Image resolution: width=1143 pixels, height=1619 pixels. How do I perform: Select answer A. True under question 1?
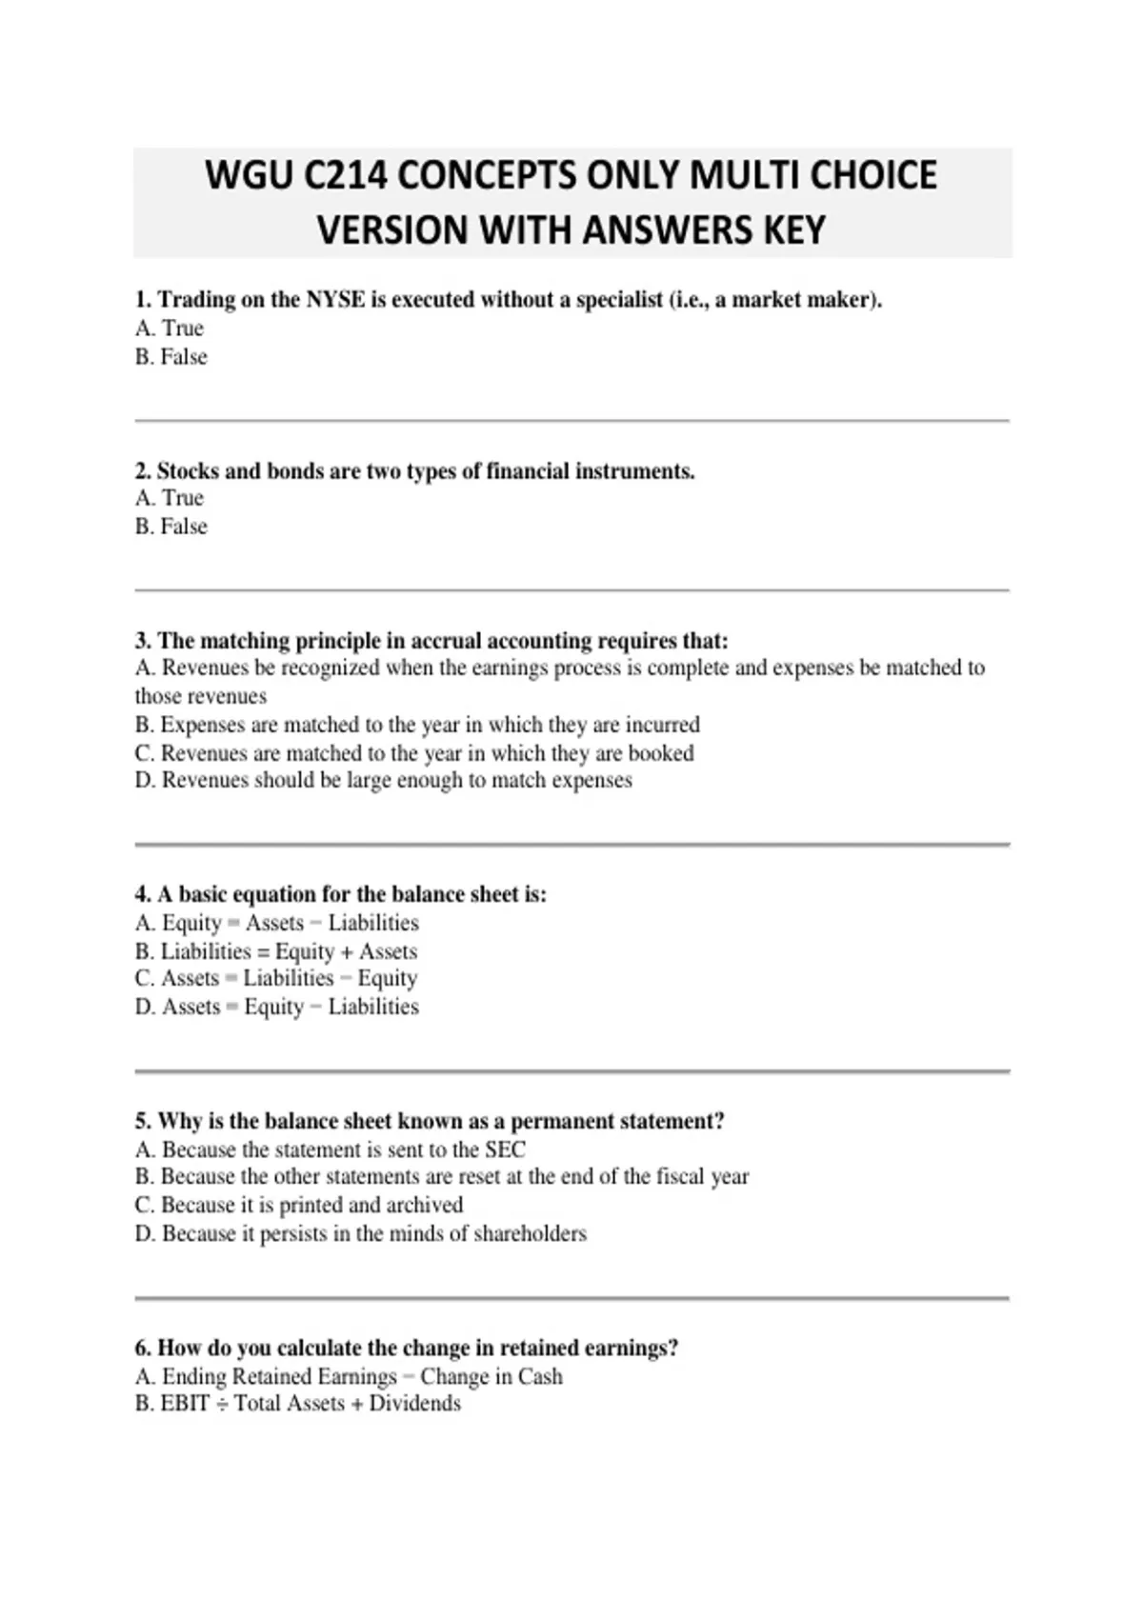[170, 329]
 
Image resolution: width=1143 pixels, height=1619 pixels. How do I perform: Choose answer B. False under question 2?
[170, 527]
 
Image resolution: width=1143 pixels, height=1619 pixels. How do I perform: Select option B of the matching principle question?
[417, 725]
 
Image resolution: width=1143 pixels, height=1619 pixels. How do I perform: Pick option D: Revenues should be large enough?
[383, 781]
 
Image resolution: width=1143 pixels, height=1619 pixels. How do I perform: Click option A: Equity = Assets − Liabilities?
[276, 923]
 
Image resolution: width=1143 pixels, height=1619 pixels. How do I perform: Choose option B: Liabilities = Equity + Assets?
[275, 951]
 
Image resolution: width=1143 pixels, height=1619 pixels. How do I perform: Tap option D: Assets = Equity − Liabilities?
[276, 1007]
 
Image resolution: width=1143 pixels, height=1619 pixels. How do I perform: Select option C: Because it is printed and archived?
[298, 1205]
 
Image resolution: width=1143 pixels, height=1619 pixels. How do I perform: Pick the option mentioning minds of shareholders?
[360, 1234]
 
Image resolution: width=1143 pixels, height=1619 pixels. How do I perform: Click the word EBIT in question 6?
[185, 1404]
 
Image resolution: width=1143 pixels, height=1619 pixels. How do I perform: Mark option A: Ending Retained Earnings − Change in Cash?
[349, 1376]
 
